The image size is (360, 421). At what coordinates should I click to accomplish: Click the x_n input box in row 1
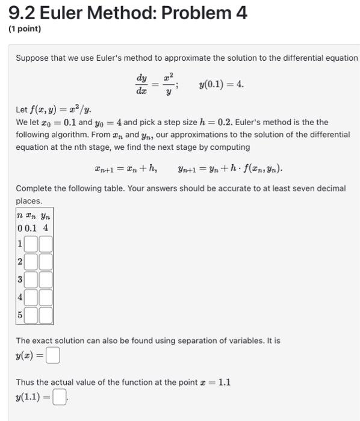(x=31, y=245)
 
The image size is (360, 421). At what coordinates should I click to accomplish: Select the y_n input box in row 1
(x=46, y=245)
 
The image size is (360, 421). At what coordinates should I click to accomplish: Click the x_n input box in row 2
(x=31, y=262)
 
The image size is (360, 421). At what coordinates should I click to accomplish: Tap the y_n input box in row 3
(x=46, y=280)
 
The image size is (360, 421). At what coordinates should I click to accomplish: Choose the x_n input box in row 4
(x=31, y=298)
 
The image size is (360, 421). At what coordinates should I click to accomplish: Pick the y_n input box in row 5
(x=46, y=315)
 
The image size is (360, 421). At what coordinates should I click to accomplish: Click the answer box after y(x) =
(x=54, y=357)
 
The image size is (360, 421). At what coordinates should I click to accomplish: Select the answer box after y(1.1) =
(x=59, y=398)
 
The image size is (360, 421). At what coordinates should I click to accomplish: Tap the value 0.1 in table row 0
(x=31, y=229)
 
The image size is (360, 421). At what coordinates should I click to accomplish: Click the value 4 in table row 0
(x=45, y=229)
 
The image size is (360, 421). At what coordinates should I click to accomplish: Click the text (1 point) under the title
(x=25, y=29)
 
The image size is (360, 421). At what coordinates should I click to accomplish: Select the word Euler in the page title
(x=63, y=13)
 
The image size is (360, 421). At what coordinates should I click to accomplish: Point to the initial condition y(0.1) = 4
(x=221, y=84)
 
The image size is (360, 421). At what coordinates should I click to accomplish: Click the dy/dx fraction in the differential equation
(x=142, y=84)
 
